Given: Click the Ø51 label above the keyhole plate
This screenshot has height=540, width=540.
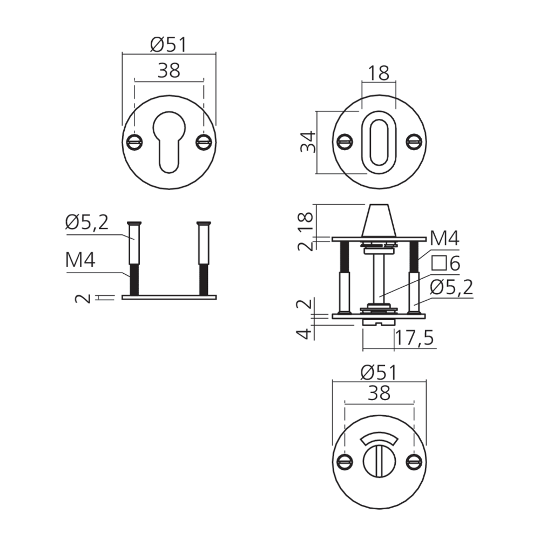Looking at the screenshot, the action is pos(168,45).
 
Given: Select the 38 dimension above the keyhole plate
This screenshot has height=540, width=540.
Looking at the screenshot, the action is pos(168,71).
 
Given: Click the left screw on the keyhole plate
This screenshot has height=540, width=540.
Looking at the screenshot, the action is pos(134,141).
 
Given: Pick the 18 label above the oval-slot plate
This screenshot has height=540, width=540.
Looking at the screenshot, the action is pos(379,73).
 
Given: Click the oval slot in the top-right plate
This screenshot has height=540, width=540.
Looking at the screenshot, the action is pos(379,142).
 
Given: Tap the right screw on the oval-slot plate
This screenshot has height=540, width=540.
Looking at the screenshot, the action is pos(414,141).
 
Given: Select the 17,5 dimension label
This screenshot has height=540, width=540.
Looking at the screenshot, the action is pos(414,338).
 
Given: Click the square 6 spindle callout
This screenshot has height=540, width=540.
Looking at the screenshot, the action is pos(446,264).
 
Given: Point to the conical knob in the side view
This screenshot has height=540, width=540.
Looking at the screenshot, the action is pos(379,220).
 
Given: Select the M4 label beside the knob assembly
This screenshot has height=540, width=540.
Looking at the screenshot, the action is pos(444,239).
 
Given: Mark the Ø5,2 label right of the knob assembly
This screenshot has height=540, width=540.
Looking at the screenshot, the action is pos(451,288).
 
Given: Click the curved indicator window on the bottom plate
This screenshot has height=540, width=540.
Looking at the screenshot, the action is pos(379,440).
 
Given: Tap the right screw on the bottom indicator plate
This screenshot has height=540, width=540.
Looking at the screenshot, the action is pos(414,462).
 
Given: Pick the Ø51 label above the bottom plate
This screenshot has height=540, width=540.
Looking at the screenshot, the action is pos(379,372).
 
